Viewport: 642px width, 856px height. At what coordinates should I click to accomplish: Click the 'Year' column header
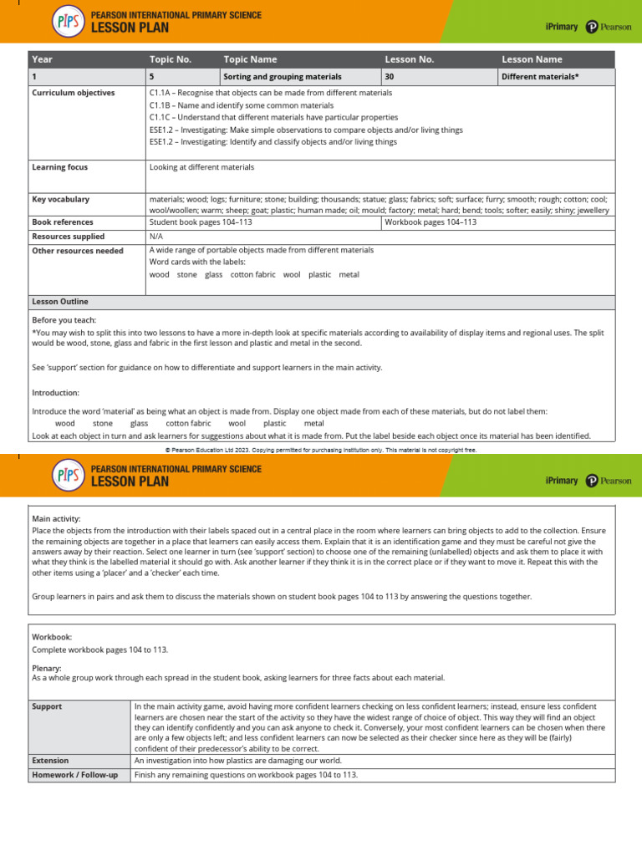42,59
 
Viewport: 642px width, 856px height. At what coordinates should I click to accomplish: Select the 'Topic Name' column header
250,59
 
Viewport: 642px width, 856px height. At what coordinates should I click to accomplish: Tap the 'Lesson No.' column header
409,59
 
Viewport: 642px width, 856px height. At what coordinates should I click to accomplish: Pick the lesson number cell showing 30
390,77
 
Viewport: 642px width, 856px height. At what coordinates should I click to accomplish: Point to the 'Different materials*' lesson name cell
540,77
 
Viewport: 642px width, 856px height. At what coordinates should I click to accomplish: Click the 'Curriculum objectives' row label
74,93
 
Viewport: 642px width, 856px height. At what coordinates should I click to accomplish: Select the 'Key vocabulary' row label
60,200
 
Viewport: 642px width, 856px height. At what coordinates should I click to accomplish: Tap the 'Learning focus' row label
59,167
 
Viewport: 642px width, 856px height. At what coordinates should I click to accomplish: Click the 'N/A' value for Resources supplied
155,237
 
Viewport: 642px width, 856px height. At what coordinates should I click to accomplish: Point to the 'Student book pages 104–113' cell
201,222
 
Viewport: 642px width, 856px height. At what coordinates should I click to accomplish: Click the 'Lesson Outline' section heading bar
59,302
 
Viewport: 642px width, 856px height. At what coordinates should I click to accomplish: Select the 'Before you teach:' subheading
64,320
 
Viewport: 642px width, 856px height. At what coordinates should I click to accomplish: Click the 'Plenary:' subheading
47,668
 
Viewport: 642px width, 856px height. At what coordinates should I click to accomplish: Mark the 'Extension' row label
50,761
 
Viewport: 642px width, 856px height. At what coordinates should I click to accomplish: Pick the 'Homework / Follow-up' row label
75,775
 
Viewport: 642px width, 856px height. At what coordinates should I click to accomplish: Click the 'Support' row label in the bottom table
47,706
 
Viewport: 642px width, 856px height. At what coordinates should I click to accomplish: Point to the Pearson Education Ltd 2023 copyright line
321,449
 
